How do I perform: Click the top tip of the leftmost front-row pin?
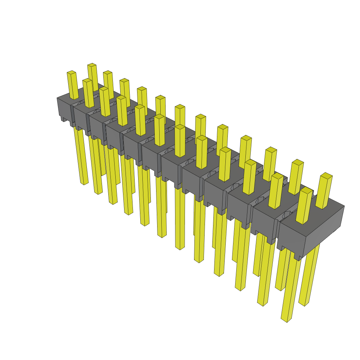tap(71, 73)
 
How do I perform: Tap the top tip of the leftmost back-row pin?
tap(92, 65)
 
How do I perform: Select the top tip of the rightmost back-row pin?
tap(327, 175)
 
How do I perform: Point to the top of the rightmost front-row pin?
tap(306, 190)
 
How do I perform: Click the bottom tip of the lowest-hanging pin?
tap(284, 320)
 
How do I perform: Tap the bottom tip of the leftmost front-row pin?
tap(84, 183)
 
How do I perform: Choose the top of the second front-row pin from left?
tap(87, 81)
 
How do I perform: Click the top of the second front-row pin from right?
tap(277, 175)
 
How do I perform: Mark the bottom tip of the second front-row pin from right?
tap(260, 304)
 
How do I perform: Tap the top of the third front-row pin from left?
tap(104, 89)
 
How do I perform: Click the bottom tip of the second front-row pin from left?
tap(98, 193)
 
